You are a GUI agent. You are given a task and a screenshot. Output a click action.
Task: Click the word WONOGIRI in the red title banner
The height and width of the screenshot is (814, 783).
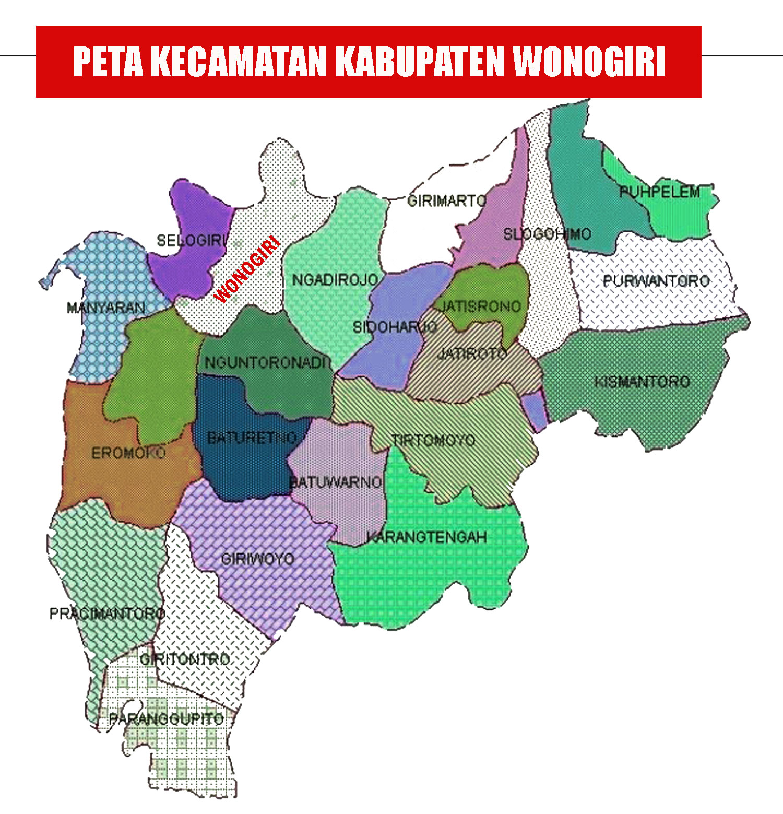click(x=589, y=62)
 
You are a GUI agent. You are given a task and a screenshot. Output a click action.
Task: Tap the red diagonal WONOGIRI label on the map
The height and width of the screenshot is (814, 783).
click(x=247, y=270)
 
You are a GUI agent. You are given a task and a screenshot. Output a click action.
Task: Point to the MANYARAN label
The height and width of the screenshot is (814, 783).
click(x=105, y=308)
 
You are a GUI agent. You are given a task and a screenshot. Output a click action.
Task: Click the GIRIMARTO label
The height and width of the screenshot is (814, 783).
click(x=446, y=200)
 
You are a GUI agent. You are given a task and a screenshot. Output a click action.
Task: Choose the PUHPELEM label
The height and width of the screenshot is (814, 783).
click(x=659, y=192)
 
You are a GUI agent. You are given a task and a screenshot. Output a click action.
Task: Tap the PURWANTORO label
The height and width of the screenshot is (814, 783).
click(x=656, y=281)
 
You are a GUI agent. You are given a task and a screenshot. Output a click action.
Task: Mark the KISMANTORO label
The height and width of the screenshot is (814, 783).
click(x=642, y=382)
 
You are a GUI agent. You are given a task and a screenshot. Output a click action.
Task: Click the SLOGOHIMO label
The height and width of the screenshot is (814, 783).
click(x=547, y=234)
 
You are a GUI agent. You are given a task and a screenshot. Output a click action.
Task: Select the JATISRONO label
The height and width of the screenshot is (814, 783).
click(x=481, y=306)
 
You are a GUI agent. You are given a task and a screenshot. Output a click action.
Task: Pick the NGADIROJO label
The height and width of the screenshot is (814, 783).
click(x=335, y=280)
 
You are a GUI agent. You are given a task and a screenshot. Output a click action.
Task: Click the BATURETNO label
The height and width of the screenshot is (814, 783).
click(x=252, y=438)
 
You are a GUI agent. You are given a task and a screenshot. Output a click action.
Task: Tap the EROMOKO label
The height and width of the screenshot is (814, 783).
click(x=128, y=453)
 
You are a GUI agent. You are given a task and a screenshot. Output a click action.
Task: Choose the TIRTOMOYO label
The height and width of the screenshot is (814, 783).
click(x=433, y=440)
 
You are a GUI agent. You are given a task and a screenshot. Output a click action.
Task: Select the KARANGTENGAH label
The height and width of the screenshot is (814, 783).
click(x=426, y=537)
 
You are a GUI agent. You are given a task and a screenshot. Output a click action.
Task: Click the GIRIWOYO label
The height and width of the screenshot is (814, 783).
click(x=258, y=559)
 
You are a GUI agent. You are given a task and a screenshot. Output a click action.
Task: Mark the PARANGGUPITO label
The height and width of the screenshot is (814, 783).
click(x=166, y=719)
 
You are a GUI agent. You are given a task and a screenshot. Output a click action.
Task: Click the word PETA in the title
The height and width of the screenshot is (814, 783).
click(x=108, y=62)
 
